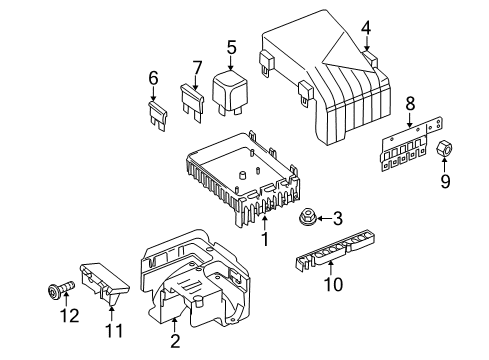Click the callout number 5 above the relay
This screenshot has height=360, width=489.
[232, 47]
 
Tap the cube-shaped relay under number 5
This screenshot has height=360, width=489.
[229, 93]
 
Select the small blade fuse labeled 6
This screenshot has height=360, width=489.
[158, 116]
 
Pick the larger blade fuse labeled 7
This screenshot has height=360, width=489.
[192, 103]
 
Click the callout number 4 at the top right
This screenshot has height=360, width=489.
[366, 28]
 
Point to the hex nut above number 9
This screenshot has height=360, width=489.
[444, 149]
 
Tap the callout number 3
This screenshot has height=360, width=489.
[338, 219]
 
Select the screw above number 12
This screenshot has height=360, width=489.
[62, 289]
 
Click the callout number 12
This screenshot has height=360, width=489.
[70, 315]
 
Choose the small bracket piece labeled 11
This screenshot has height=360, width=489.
[103, 283]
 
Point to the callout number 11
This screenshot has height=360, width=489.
[114, 331]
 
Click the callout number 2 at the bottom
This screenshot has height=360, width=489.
[175, 341]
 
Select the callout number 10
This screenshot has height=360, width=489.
[333, 284]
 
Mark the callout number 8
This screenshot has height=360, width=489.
[410, 103]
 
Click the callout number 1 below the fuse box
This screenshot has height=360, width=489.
[265, 239]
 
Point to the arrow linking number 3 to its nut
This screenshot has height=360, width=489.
[324, 219]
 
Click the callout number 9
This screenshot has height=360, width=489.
[445, 181]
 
